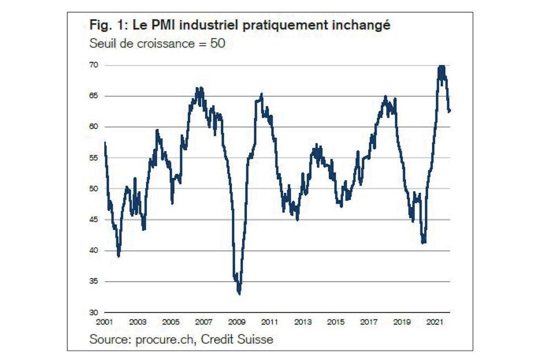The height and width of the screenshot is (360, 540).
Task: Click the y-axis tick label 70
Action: pos(94,65)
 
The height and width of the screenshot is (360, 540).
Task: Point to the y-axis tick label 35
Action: pos(94,282)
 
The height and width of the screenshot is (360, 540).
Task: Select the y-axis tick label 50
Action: pos(94,189)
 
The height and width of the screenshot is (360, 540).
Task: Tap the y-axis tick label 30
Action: pos(94,313)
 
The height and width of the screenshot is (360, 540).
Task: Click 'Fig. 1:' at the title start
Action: pos(103,26)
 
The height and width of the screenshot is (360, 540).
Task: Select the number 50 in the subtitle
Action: pos(217,43)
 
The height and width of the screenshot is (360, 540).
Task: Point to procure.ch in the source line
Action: pos(165,340)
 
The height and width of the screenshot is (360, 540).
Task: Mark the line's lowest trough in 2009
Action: pos(239,293)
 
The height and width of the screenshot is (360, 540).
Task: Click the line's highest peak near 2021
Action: pos(441,67)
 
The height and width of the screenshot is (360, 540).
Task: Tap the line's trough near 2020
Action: pos(423,242)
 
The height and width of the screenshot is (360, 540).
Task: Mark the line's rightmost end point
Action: pos(450,111)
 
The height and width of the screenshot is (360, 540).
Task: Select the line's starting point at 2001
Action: pos(105,143)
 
